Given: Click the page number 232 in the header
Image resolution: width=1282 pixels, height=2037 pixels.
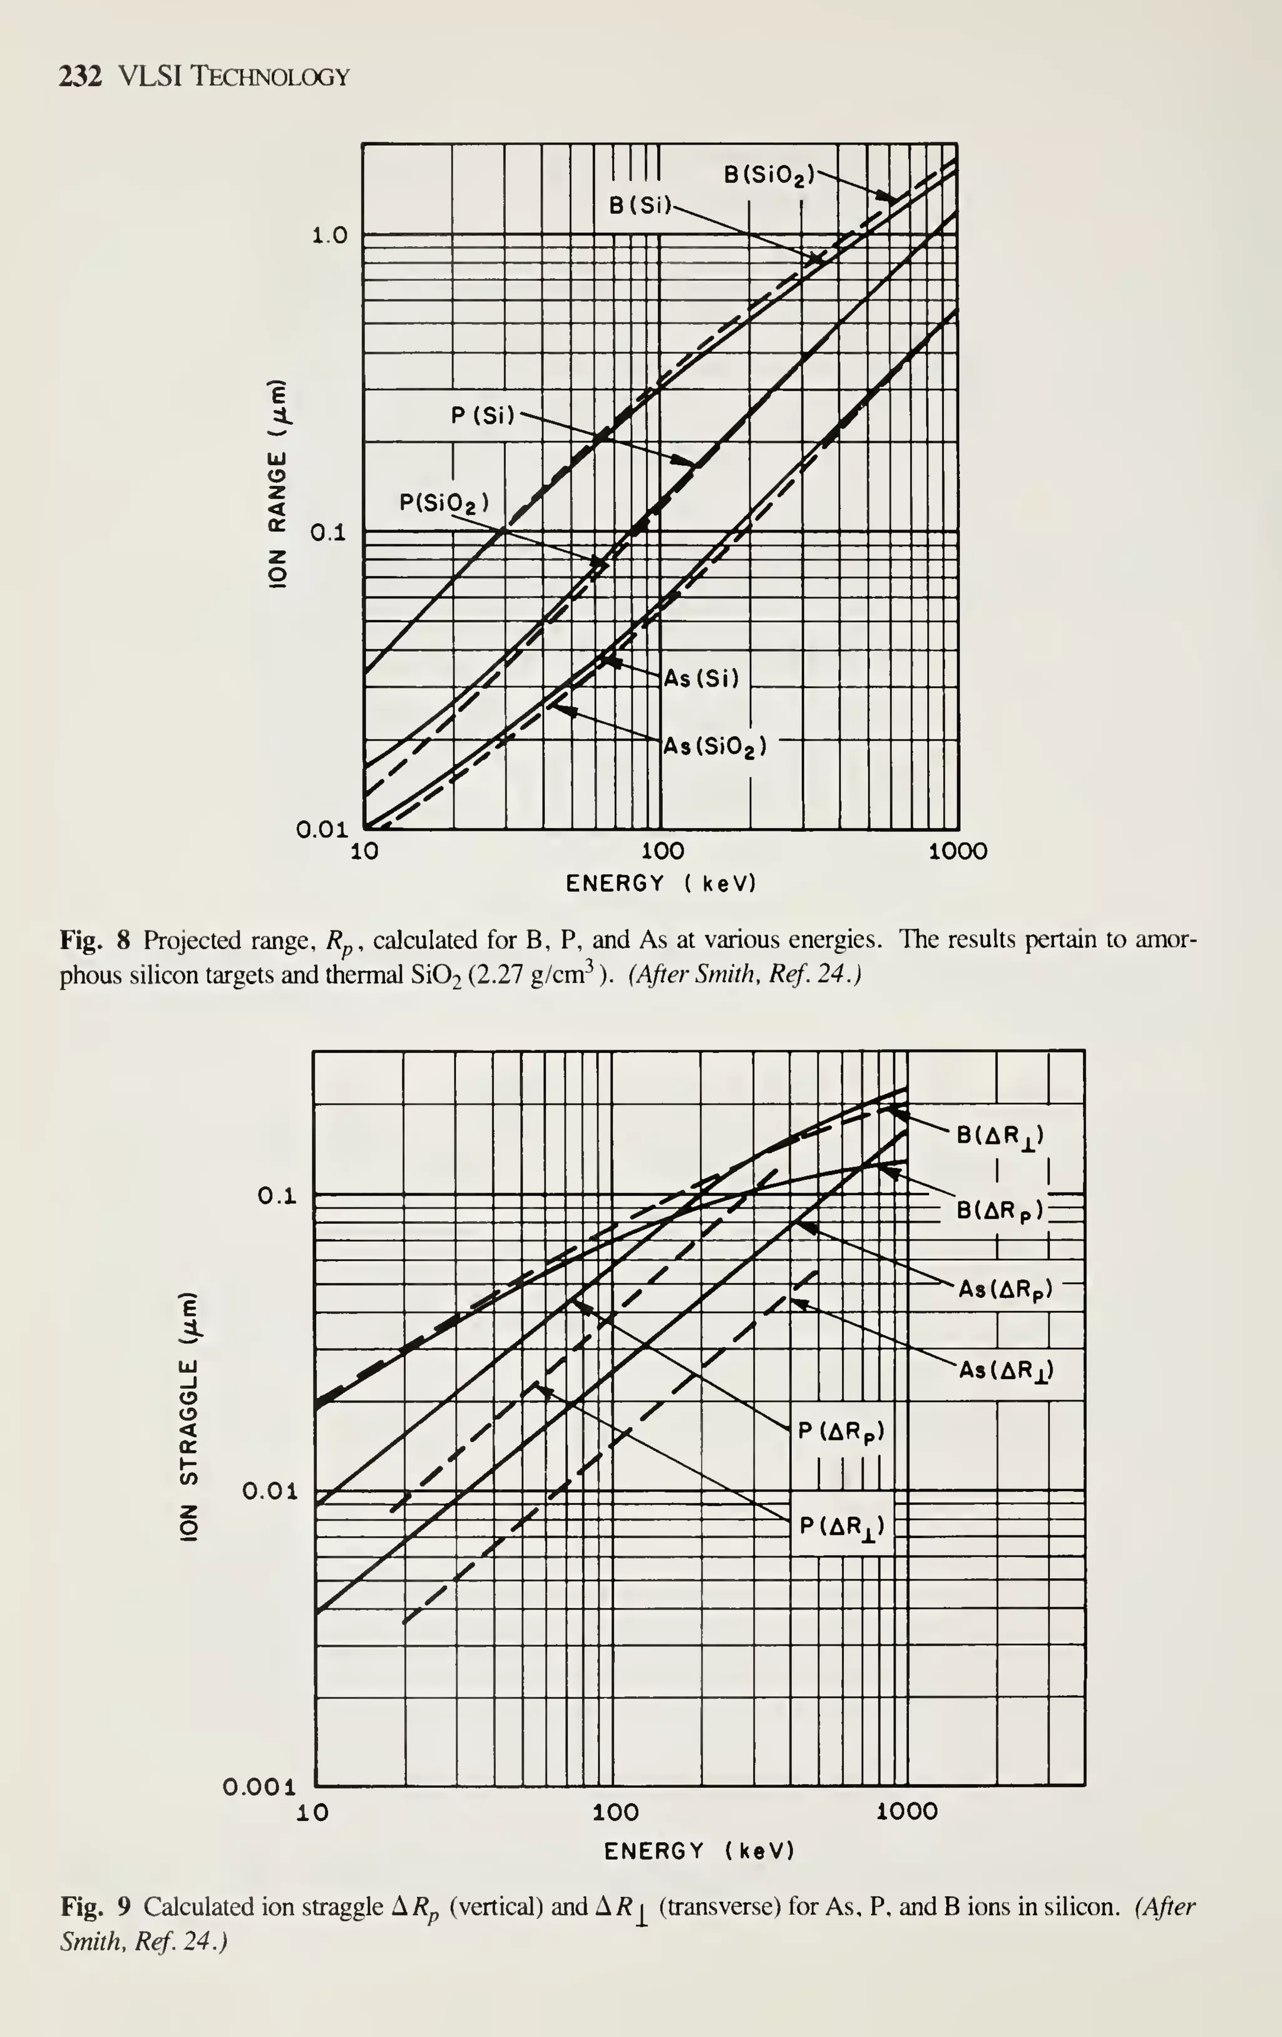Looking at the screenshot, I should (80, 77).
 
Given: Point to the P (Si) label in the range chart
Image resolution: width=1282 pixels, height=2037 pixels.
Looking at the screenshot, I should (483, 416).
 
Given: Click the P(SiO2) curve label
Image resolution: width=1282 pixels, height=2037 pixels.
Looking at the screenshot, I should (443, 503).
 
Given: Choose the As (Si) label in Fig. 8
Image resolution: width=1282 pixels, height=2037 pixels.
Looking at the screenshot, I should (702, 679).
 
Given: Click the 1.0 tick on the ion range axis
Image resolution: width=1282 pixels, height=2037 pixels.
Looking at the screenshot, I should (330, 235).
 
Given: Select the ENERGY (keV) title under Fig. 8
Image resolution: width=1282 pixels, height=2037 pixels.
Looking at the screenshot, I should (660, 884).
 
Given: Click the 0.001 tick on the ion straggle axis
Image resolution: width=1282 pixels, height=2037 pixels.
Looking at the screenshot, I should (260, 1787).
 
